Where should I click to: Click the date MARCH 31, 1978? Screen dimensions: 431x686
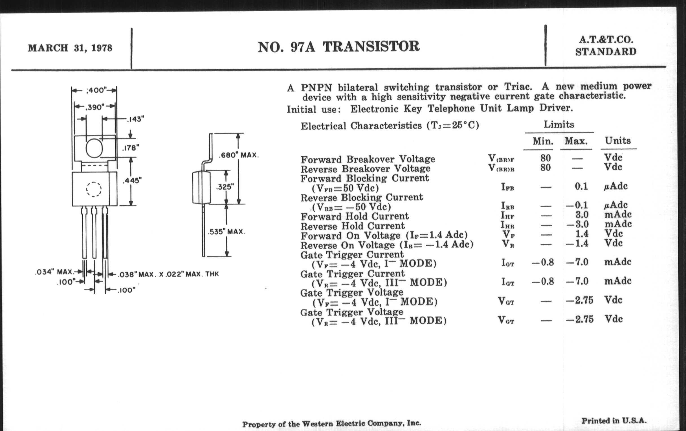70,48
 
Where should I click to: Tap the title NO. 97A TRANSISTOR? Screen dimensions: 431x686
338,47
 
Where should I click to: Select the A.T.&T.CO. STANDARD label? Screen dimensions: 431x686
606,46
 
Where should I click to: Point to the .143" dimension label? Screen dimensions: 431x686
135,119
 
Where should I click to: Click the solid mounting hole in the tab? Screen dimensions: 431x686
94,148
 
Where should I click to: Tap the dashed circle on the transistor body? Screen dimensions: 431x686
94,189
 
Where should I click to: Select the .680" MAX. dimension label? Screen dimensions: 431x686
239,155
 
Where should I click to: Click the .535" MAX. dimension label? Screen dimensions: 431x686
226,232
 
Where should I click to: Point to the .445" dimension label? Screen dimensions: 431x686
132,180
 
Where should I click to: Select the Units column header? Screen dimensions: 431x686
618,141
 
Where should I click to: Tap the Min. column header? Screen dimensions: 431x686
543,141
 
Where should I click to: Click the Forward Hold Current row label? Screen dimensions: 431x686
354,217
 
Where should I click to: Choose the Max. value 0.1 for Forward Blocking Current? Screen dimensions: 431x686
581,186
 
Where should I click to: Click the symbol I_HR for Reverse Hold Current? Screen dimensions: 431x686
508,225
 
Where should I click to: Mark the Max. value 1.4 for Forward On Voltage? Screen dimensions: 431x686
582,234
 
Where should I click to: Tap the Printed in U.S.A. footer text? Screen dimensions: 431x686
614,421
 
